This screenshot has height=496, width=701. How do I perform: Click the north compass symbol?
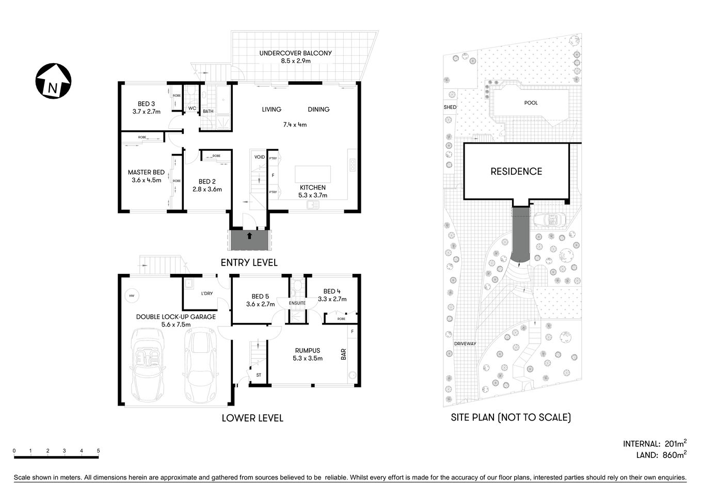(x=53, y=81)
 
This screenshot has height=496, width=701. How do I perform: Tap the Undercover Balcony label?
(x=295, y=53)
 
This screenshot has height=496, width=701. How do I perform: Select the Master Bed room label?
(x=146, y=173)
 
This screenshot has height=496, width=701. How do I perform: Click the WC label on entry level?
(x=192, y=109)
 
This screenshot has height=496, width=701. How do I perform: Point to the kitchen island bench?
(x=312, y=174)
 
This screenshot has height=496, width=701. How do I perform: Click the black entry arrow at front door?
(x=249, y=236)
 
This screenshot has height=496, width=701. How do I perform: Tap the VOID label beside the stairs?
(x=259, y=157)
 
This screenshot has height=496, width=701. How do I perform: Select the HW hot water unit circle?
(x=132, y=296)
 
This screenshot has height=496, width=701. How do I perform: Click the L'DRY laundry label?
(x=206, y=294)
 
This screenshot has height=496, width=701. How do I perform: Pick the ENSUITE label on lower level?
(x=297, y=303)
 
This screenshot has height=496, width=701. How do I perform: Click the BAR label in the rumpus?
(x=343, y=354)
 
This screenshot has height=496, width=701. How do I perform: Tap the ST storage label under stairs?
(x=259, y=375)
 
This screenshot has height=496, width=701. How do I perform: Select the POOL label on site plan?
(x=531, y=103)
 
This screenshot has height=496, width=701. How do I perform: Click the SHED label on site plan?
(x=450, y=107)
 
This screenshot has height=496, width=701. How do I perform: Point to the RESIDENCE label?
(x=516, y=172)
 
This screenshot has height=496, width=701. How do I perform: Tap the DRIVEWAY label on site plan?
(x=465, y=344)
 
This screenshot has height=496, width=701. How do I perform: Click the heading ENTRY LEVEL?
(x=249, y=262)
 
